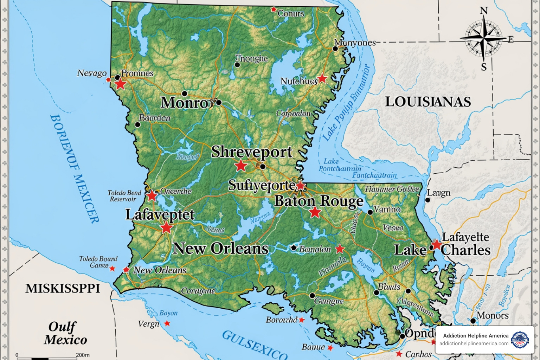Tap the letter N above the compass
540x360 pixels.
[484, 11]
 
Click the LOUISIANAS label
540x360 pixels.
[428, 102]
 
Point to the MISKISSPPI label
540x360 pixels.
[63, 289]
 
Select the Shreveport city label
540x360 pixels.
[251, 152]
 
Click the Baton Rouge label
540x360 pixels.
[319, 201]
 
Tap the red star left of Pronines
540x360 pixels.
[120, 84]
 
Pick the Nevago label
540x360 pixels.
[92, 73]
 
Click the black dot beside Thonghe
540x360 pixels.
[237, 65]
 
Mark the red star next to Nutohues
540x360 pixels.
[322, 78]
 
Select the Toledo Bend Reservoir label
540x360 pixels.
[124, 196]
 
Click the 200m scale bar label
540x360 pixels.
[83, 355]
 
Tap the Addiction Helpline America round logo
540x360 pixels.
[520, 340]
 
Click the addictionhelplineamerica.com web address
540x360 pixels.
[474, 343]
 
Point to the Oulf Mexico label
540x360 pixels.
[65, 333]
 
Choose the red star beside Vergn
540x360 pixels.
[167, 323]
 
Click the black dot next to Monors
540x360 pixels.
[473, 321]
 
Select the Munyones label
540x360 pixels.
[355, 43]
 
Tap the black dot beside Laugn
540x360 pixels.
[428, 200]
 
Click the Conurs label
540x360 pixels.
[291, 13]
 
